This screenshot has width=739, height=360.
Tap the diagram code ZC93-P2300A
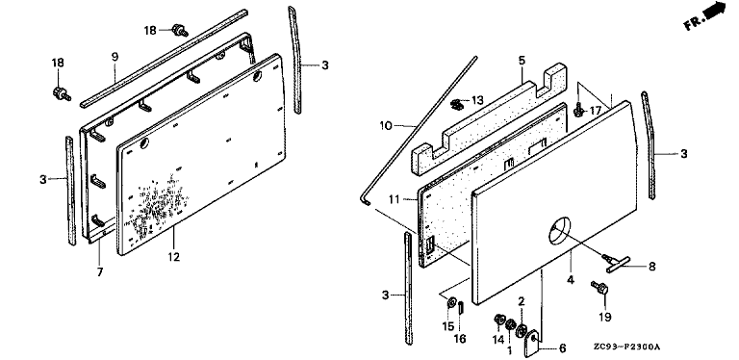coord(626,347)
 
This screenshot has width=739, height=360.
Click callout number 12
coord(174,257)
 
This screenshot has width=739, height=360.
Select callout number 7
coord(100,272)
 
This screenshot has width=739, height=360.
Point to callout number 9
coord(115,57)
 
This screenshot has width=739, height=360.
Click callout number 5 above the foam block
coord(522,61)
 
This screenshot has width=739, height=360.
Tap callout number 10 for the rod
coord(386,126)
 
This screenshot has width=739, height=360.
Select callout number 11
coord(394,199)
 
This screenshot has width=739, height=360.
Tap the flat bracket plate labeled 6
coord(531,343)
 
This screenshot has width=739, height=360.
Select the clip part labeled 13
coord(456,104)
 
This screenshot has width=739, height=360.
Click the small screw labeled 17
coord(578,111)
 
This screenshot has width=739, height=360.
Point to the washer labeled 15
coord(451,302)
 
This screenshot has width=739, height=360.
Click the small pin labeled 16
coord(462,308)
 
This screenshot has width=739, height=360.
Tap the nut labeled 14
coord(499,321)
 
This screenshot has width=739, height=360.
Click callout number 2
coord(522,301)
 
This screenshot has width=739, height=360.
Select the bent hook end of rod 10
coord(366,200)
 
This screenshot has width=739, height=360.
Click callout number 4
coord(571,280)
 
